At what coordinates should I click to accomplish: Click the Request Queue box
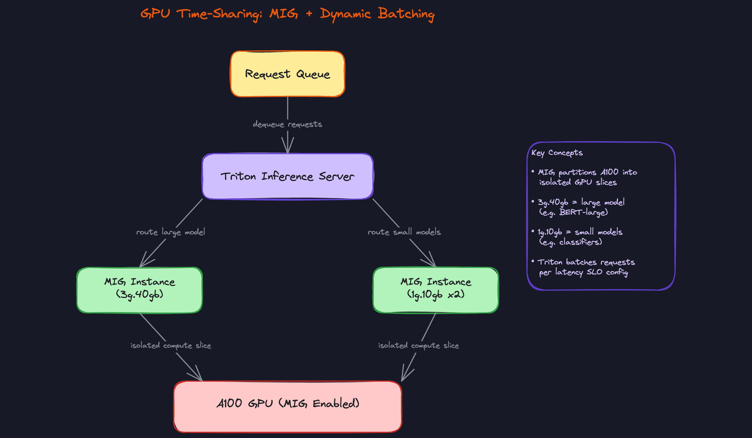[x=287, y=74]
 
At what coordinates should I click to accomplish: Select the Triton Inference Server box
[x=287, y=176]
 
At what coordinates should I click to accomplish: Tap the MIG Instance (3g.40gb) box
[x=139, y=290]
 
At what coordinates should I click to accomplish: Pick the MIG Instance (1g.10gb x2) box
[x=436, y=290]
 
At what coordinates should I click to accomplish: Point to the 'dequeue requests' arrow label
[x=287, y=124]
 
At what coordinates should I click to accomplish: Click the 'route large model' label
[x=170, y=232]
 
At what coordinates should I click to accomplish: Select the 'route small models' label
[x=404, y=232]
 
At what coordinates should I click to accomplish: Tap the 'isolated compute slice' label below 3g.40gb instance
[x=171, y=345]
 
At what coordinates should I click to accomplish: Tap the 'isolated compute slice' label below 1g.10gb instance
[x=418, y=345]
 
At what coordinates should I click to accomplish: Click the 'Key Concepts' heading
[x=557, y=153]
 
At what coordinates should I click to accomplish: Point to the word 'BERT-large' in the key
[x=583, y=212]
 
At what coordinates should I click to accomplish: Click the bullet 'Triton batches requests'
[x=586, y=262]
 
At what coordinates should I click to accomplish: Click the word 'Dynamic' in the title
[x=345, y=14]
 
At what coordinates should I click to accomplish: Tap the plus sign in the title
[x=309, y=14]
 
